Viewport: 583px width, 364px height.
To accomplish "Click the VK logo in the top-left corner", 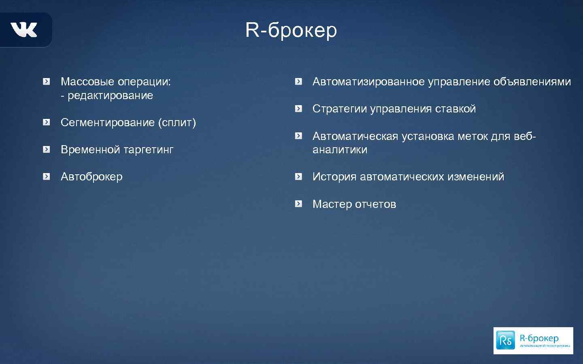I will [x=24, y=30].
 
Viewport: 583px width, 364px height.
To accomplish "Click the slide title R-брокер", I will [x=291, y=30].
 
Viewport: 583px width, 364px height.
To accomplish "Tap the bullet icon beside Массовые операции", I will [x=47, y=82].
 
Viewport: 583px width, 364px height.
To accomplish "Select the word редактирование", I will [x=110, y=96].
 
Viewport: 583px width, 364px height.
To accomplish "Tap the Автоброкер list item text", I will [x=91, y=177].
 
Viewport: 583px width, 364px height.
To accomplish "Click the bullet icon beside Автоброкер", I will [x=47, y=176].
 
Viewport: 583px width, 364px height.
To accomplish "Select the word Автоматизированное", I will [x=368, y=82].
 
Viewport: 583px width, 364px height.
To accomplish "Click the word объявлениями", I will [x=532, y=82].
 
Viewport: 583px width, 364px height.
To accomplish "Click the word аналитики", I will [x=340, y=150].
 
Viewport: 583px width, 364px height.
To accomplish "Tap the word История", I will [x=334, y=177].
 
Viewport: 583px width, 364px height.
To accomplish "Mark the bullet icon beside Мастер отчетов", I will [x=299, y=204].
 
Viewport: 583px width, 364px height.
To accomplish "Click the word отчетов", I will [x=375, y=204].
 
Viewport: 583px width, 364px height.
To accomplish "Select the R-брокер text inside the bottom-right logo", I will [x=539, y=338].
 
